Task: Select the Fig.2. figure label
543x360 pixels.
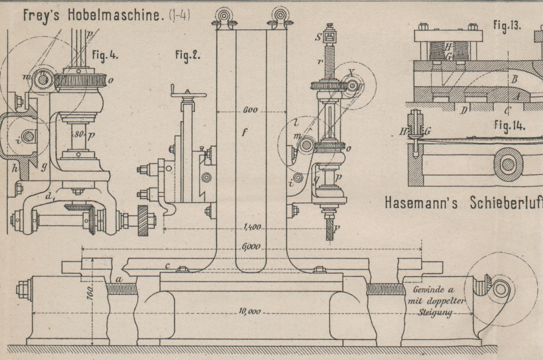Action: [188, 54]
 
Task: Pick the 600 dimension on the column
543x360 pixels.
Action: [250, 110]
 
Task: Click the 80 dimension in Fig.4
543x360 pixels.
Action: [78, 135]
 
